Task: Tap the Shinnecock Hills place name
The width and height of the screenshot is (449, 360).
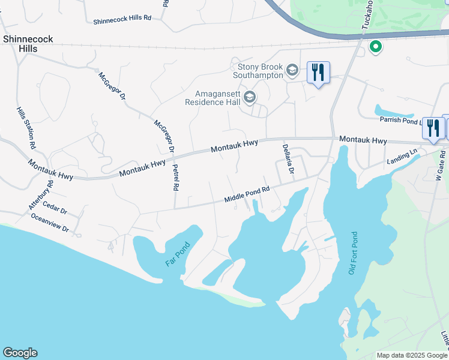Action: (x=28, y=44)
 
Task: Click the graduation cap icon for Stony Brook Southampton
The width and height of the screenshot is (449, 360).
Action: (x=292, y=70)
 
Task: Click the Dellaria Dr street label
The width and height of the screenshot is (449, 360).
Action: (x=288, y=159)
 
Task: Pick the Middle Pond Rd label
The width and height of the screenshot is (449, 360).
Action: (x=247, y=194)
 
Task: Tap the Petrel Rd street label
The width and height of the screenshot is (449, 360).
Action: (x=175, y=178)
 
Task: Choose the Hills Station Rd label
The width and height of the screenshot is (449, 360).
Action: (x=26, y=128)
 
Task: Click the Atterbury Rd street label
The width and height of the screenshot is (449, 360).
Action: (x=41, y=194)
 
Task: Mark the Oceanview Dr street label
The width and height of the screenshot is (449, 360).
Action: (x=50, y=223)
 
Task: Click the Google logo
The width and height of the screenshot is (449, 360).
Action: (x=20, y=353)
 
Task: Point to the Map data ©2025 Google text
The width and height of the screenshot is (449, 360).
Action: (x=411, y=355)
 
